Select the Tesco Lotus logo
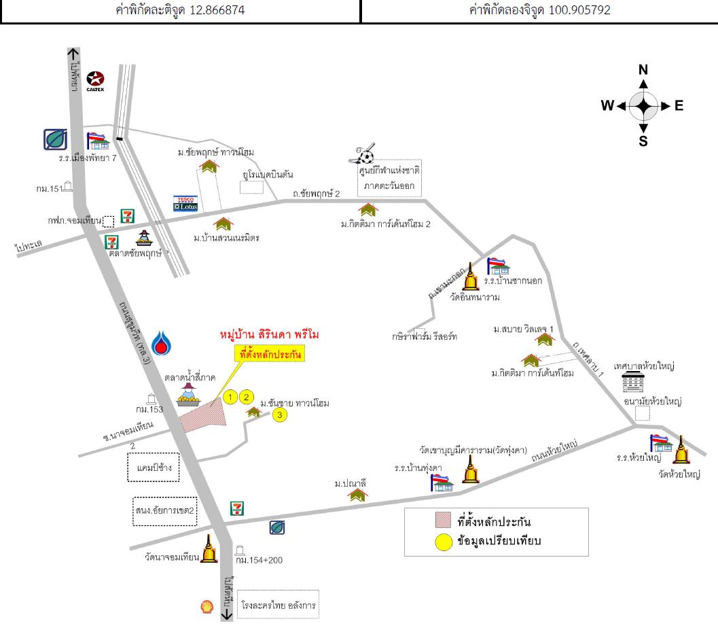tap(185, 203)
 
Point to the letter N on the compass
tap(643, 69)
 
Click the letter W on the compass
tap(607, 105)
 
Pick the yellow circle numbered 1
tap(231, 397)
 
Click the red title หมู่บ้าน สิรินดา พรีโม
tap(270, 335)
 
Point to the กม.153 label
tap(149, 409)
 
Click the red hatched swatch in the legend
tap(444, 521)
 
